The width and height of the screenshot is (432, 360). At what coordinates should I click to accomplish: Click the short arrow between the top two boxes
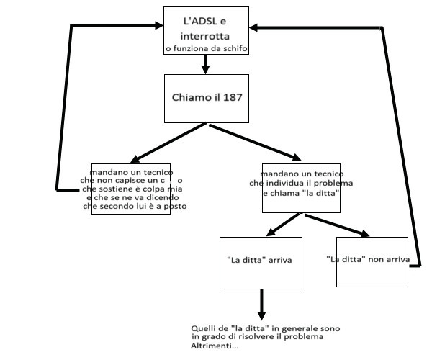[x=205, y=65]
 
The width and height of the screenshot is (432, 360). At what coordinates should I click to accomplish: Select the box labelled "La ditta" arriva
[x=259, y=258]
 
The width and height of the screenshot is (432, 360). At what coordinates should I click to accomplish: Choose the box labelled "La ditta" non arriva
[x=368, y=258]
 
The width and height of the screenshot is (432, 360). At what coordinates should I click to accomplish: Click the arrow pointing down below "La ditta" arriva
[x=261, y=305]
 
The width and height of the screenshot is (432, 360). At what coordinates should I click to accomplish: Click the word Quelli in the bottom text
[x=215, y=328]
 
